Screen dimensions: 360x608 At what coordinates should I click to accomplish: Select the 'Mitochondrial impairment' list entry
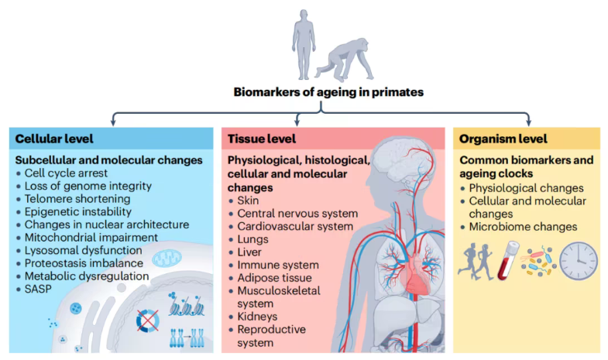click(91, 237)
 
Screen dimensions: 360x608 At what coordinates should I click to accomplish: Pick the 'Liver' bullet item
click(249, 252)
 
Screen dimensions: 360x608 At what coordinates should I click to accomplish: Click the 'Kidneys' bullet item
click(257, 316)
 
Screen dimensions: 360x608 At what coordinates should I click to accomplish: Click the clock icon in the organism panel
click(579, 261)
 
